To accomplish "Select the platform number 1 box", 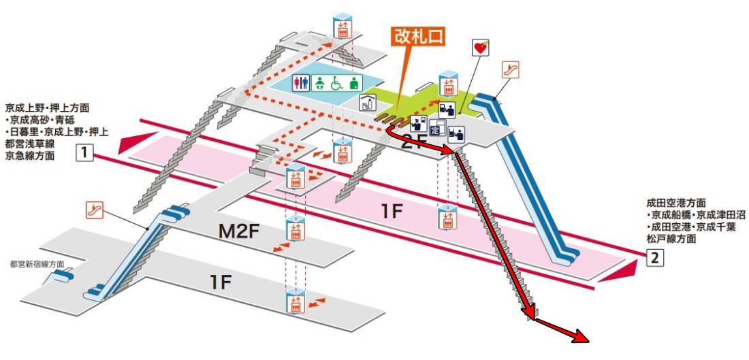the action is [84, 153].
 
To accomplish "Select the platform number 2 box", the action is [655, 258].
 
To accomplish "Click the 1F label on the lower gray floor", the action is [221, 283].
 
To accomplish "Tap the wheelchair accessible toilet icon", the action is [338, 83].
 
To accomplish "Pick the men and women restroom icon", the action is [302, 83].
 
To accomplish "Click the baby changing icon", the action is [319, 83].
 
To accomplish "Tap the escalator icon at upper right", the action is [510, 69].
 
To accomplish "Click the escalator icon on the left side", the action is [95, 210].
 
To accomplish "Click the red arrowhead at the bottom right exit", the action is [583, 337].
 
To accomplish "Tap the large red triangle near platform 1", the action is [137, 143].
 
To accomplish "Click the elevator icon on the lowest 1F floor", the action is [296, 301].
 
